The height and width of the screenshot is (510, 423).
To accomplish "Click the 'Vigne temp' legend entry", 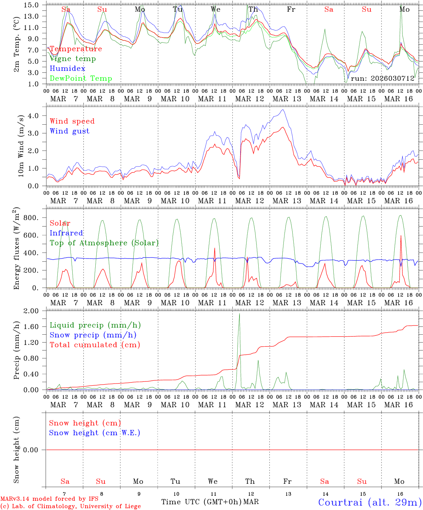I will pos(73,59).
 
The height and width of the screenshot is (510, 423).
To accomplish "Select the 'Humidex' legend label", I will pos(67,69).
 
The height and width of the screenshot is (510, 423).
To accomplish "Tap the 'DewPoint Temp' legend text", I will pos(81,79).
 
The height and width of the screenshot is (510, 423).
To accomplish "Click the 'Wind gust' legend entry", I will pos(69,131).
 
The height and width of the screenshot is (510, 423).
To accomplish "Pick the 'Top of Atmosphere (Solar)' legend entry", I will pos(104,243).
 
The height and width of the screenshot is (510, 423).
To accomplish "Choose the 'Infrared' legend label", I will pos(66,233).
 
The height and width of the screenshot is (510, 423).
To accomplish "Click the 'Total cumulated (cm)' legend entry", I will pos(95,345).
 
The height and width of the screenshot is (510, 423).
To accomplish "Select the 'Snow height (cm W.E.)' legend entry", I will pos(95,433).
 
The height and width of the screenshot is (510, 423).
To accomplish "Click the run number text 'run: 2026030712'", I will pos(382,78).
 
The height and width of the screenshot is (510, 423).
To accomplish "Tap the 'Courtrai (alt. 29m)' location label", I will pos(370,502).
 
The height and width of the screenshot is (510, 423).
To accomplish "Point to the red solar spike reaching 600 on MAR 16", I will pos(401,237).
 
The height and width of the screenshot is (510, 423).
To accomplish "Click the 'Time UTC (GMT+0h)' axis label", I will pos(202,502).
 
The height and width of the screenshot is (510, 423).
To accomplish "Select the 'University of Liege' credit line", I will pos(70,506).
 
